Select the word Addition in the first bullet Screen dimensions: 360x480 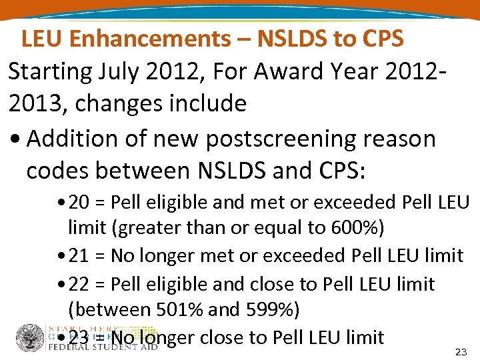tap(72, 139)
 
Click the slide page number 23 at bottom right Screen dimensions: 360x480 tap(460, 351)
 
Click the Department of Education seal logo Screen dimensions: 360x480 tap(30, 339)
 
